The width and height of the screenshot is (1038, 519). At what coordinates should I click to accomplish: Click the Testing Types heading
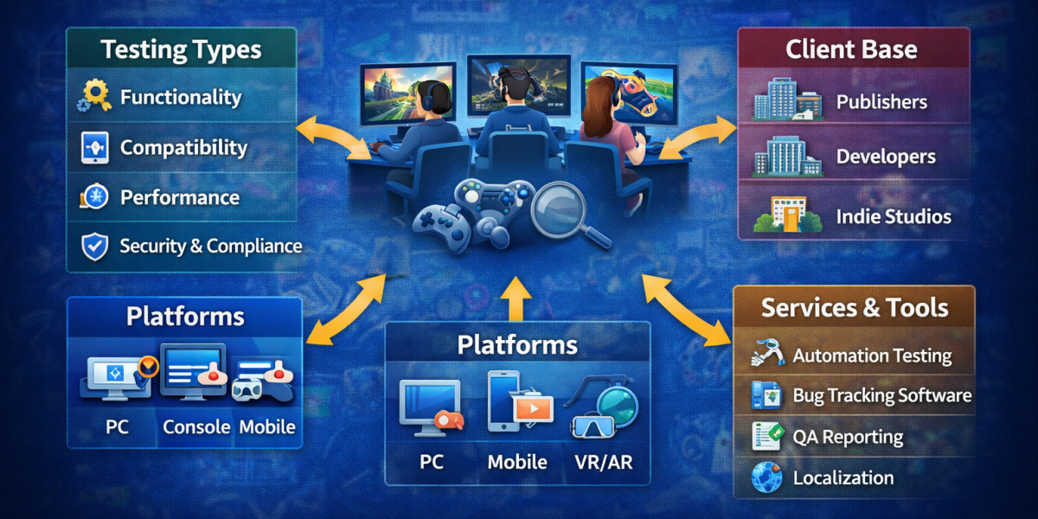181,48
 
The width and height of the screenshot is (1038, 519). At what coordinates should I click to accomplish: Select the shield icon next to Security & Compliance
93,247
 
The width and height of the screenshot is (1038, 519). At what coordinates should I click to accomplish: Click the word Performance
180,197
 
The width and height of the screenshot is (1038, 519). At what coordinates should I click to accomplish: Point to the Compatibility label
183,148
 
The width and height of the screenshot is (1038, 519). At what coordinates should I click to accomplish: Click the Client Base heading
851,49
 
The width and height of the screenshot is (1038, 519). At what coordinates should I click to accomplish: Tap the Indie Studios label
894,216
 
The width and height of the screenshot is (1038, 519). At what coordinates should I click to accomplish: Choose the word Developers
886,157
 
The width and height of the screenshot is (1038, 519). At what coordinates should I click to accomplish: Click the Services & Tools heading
855,307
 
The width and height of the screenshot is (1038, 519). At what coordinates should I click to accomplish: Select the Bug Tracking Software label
882,396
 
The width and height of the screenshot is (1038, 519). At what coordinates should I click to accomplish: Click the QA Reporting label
848,437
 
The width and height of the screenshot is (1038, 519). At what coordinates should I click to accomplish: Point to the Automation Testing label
872,356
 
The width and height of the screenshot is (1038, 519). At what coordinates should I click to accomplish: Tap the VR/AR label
603,462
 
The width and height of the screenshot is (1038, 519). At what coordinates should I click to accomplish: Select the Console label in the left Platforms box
196,426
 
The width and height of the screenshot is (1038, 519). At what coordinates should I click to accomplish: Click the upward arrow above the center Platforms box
516,298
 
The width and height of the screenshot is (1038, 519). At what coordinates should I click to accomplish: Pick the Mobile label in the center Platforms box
517,462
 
